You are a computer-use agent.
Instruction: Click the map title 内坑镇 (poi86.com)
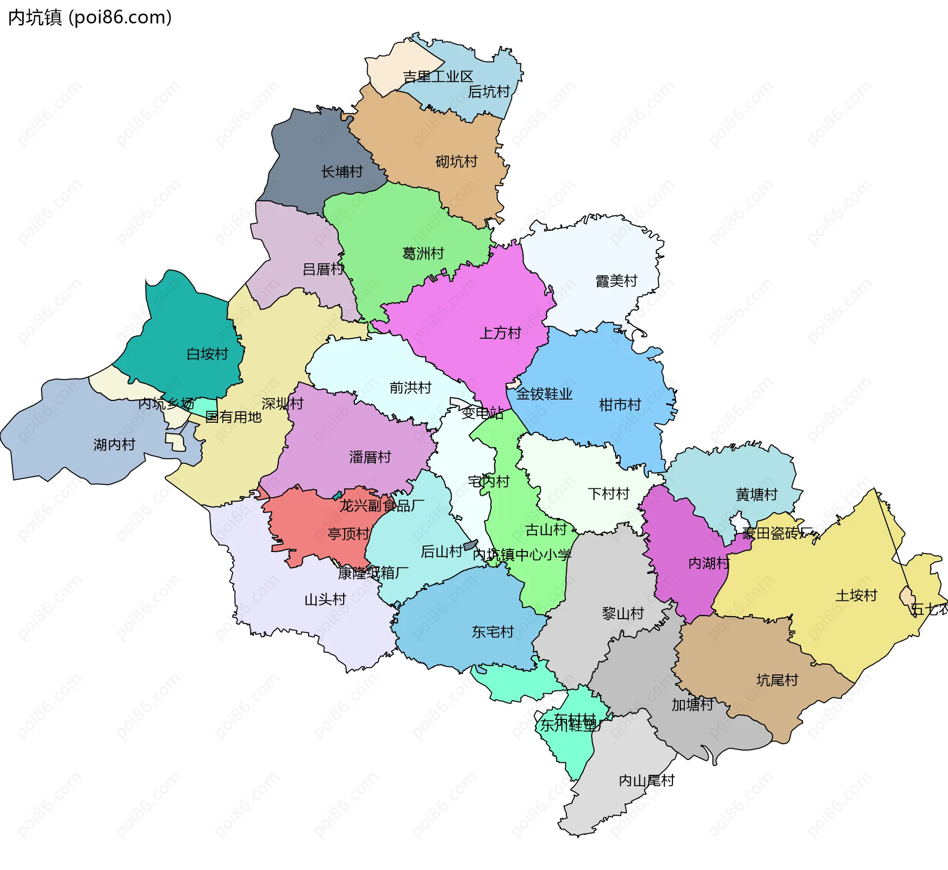pos(90,18)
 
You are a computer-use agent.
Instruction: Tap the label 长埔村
pos(342,172)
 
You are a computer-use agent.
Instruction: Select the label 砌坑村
pos(456,162)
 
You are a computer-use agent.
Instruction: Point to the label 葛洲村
pos(423,254)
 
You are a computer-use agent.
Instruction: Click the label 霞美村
pos(616,281)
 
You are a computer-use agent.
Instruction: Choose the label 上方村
pos(500,333)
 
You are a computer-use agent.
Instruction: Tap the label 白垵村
pos(207,354)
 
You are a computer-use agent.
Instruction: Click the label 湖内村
pos(114,445)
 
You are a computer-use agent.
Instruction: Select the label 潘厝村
pos(370,457)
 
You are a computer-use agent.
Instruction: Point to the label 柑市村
pos(620,405)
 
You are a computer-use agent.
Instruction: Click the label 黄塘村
pos(756,495)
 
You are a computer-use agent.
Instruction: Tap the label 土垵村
pos(856,596)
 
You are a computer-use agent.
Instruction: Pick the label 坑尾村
pos(777,680)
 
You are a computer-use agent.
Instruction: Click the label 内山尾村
pos(646,781)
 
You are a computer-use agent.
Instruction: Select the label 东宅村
pos(492,632)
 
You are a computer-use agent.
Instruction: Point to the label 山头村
pos(325,600)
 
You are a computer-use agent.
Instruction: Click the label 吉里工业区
pos(437,77)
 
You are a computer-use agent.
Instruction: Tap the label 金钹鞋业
pos(544,394)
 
